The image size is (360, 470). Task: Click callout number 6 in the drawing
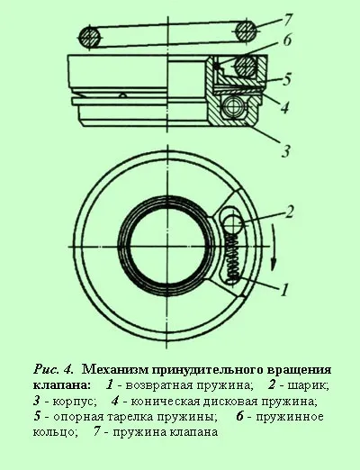pyautogui.click(x=287, y=40)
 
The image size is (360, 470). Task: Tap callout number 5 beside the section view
pyautogui.click(x=286, y=79)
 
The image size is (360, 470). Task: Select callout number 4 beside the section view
pyautogui.click(x=284, y=107)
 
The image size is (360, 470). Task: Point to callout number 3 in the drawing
pyautogui.click(x=286, y=150)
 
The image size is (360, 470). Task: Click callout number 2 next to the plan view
pyautogui.click(x=289, y=212)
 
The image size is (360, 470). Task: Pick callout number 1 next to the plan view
pyautogui.click(x=283, y=289)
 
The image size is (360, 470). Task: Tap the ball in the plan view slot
pyautogui.click(x=234, y=223)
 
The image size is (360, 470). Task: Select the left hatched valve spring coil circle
pyautogui.click(x=90, y=37)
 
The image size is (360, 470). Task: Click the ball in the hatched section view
pyautogui.click(x=234, y=107)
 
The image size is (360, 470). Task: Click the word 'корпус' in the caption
pyautogui.click(x=74, y=401)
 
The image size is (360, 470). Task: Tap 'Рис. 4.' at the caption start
pyautogui.click(x=53, y=369)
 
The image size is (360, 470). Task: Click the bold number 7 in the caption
pyautogui.click(x=96, y=432)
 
